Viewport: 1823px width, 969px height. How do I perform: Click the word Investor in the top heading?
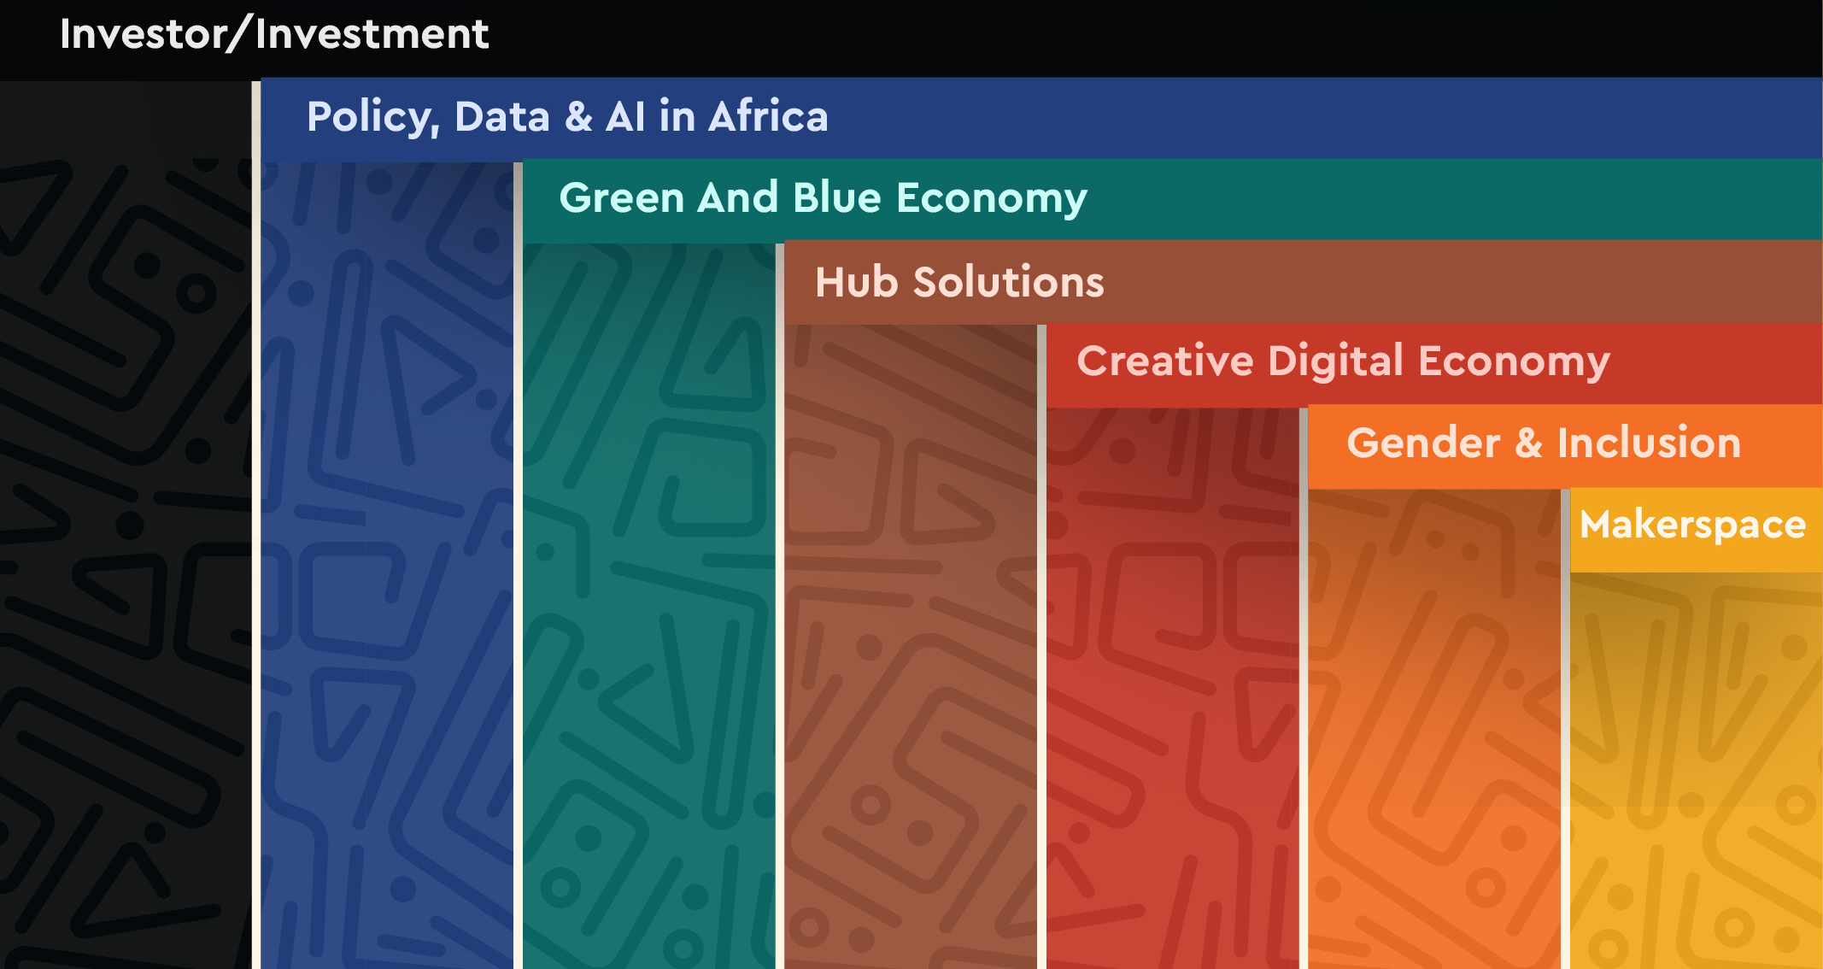click(143, 34)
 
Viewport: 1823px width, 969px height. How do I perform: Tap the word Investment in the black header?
click(372, 34)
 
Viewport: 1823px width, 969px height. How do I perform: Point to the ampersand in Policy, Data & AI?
click(578, 116)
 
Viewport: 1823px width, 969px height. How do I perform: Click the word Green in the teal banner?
click(621, 197)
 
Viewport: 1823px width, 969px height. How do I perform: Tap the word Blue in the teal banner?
click(837, 197)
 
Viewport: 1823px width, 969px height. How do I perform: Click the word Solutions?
click(1009, 282)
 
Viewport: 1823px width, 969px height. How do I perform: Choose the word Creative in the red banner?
click(1165, 361)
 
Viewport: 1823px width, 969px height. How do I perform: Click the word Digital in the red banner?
click(1336, 362)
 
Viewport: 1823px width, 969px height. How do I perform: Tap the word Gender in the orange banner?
click(1424, 443)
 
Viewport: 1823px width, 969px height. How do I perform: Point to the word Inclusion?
click(1649, 443)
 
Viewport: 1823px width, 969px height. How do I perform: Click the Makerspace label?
click(1692, 526)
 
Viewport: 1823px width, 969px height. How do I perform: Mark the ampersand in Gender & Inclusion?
click(1529, 443)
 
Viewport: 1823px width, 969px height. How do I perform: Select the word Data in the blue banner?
click(501, 116)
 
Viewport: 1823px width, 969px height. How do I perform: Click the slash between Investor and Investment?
click(241, 34)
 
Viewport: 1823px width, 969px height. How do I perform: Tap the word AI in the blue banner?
click(625, 116)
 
